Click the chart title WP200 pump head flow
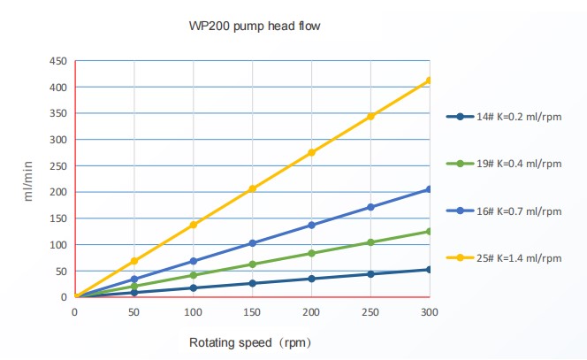click(255, 27)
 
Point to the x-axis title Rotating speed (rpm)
click(249, 341)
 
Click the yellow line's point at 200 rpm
click(311, 152)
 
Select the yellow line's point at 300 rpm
click(430, 80)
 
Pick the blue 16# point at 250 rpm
click(370, 207)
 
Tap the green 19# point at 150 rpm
click(252, 264)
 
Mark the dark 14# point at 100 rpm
click(193, 287)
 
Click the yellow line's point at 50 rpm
click(134, 261)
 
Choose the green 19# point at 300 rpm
click(430, 231)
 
